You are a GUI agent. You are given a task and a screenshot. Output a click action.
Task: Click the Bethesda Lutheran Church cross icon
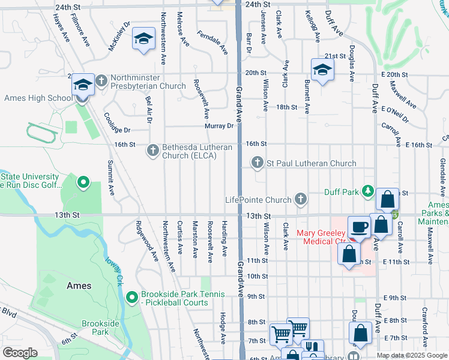click(x=153, y=149)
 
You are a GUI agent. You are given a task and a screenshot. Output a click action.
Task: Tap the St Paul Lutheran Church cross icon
click(x=258, y=163)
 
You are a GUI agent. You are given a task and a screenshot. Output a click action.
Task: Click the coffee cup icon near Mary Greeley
click(x=359, y=227)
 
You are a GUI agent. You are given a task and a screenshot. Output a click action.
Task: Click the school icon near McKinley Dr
click(x=143, y=39)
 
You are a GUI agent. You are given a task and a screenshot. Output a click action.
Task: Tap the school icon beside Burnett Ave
click(x=322, y=69)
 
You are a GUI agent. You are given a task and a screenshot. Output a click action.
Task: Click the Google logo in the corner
click(x=20, y=352)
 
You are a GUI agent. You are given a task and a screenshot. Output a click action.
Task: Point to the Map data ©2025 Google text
click(x=412, y=355)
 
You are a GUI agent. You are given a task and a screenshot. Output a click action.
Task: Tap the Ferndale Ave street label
click(x=213, y=43)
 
